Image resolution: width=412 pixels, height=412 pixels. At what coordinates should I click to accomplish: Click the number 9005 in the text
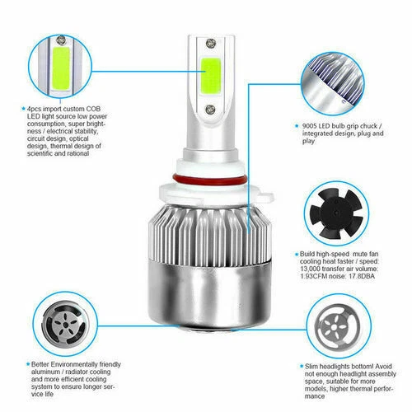pos(310,126)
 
